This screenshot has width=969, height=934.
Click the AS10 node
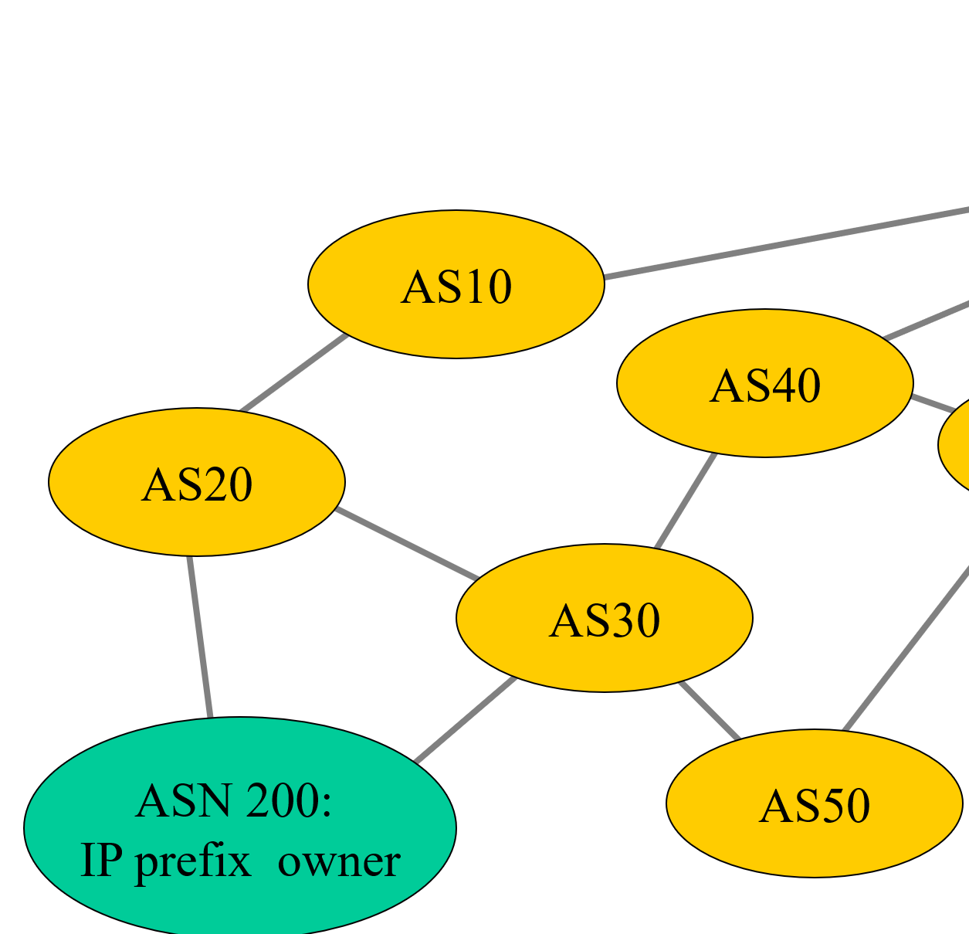pyautogui.click(x=456, y=284)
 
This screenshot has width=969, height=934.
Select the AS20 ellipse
pyautogui.click(x=196, y=482)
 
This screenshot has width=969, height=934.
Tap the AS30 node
pyautogui.click(x=604, y=618)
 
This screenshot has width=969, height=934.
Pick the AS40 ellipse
pyautogui.click(x=764, y=383)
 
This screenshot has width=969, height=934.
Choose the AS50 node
pyautogui.click(x=814, y=803)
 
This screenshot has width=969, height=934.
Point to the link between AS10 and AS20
pyautogui.click(x=293, y=373)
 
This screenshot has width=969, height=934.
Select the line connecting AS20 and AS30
pyautogui.click(x=407, y=544)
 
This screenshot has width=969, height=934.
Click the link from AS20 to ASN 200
pyautogui.click(x=199, y=637)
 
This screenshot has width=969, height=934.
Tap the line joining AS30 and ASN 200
pyautogui.click(x=465, y=720)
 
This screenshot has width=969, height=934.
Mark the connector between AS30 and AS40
pyautogui.click(x=686, y=501)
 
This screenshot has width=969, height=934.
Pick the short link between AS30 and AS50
pyautogui.click(x=709, y=711)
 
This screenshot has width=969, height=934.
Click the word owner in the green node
pyautogui.click(x=339, y=861)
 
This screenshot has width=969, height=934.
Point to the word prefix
pyautogui.click(x=193, y=862)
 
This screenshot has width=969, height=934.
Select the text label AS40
pyautogui.click(x=764, y=385)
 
